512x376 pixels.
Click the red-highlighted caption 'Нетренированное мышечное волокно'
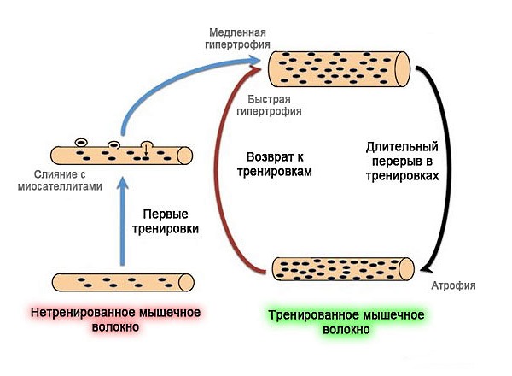pyautogui.click(x=115, y=319)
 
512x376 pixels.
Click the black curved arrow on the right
pyautogui.click(x=441, y=162)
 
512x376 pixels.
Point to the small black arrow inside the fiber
pyautogui.click(x=146, y=152)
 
